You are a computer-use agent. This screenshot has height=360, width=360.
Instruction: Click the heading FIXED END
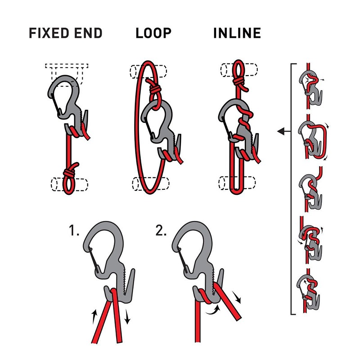point(65,33)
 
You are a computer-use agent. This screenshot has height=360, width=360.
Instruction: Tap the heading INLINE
point(237,33)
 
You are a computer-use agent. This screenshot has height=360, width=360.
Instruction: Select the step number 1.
point(74,232)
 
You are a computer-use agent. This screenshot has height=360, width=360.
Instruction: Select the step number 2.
point(161,232)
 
